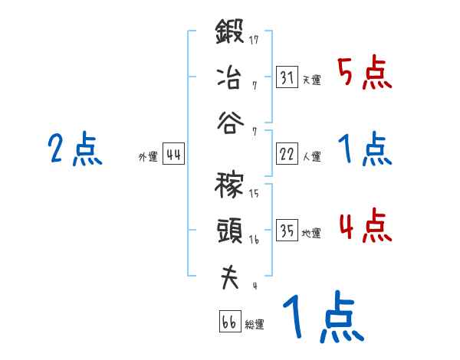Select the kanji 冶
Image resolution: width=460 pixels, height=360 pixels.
tap(229, 77)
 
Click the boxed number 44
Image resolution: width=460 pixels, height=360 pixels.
tap(173, 155)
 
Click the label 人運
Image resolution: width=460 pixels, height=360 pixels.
tap(311, 156)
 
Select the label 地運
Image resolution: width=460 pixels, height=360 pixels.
tap(311, 233)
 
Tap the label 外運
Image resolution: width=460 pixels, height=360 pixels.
tap(147, 157)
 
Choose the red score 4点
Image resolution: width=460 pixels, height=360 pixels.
tap(364, 227)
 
